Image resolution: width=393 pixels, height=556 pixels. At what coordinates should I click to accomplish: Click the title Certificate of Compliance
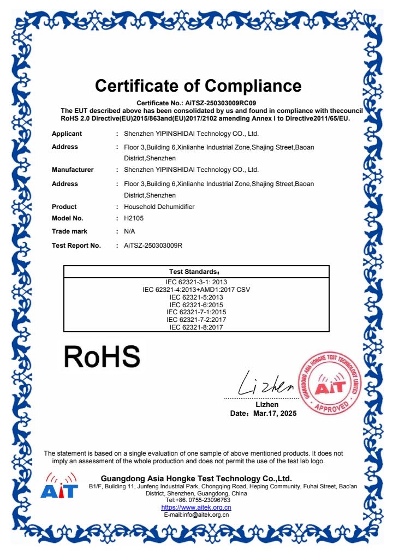(198, 86)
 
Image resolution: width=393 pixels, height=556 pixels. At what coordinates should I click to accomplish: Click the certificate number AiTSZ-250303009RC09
(226, 103)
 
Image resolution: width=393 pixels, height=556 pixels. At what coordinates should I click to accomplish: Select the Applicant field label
(67, 134)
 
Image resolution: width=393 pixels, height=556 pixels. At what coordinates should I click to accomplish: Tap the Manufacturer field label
(73, 170)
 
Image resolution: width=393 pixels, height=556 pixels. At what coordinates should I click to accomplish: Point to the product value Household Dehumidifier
(159, 207)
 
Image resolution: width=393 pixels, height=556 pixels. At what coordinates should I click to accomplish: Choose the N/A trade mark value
(129, 231)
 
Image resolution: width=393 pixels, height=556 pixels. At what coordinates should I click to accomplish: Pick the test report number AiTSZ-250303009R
(153, 246)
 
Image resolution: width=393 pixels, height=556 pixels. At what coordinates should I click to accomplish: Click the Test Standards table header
(196, 272)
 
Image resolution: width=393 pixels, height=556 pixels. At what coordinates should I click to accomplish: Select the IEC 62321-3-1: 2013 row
(196, 282)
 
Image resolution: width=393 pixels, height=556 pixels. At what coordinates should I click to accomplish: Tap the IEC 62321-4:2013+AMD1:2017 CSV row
(196, 289)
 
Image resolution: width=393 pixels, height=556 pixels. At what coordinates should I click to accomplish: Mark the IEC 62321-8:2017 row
(196, 327)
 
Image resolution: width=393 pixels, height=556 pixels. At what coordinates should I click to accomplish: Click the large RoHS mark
(102, 357)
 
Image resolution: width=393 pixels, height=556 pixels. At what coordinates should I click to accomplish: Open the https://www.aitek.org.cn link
(196, 507)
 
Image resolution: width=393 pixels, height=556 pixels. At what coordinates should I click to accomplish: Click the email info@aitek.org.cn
(196, 515)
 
